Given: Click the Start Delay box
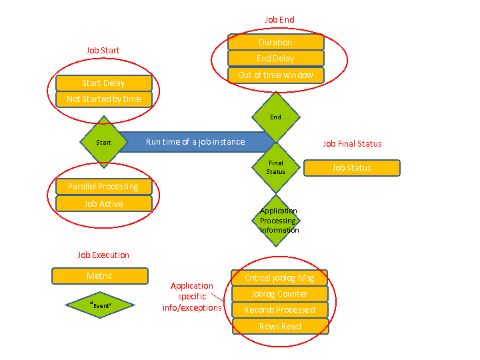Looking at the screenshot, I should coord(103,83).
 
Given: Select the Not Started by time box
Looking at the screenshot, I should coord(103,99).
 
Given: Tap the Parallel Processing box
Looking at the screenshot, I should coord(103,187).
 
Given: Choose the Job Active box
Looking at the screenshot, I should coord(103,203).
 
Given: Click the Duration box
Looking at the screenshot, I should coord(275,42).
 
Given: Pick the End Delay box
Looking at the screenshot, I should coord(275,59).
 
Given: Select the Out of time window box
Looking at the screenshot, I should coord(275,75).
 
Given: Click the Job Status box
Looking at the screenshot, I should coord(351,168).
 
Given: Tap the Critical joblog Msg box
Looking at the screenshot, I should coord(279,277).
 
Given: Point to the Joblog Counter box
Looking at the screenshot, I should coord(279,294).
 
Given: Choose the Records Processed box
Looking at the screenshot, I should coord(279,310).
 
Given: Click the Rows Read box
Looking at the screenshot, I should coord(280,327).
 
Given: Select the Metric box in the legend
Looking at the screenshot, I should coord(99,276).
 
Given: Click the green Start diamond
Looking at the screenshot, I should coord(103,142).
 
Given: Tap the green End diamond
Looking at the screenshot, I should coord(275,117).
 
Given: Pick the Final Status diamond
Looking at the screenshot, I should coord(275,167).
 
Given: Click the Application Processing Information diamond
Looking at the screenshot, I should coord(276,220).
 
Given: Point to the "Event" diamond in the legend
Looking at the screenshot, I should coord(100,305).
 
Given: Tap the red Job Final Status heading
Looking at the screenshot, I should coord(352,143).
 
